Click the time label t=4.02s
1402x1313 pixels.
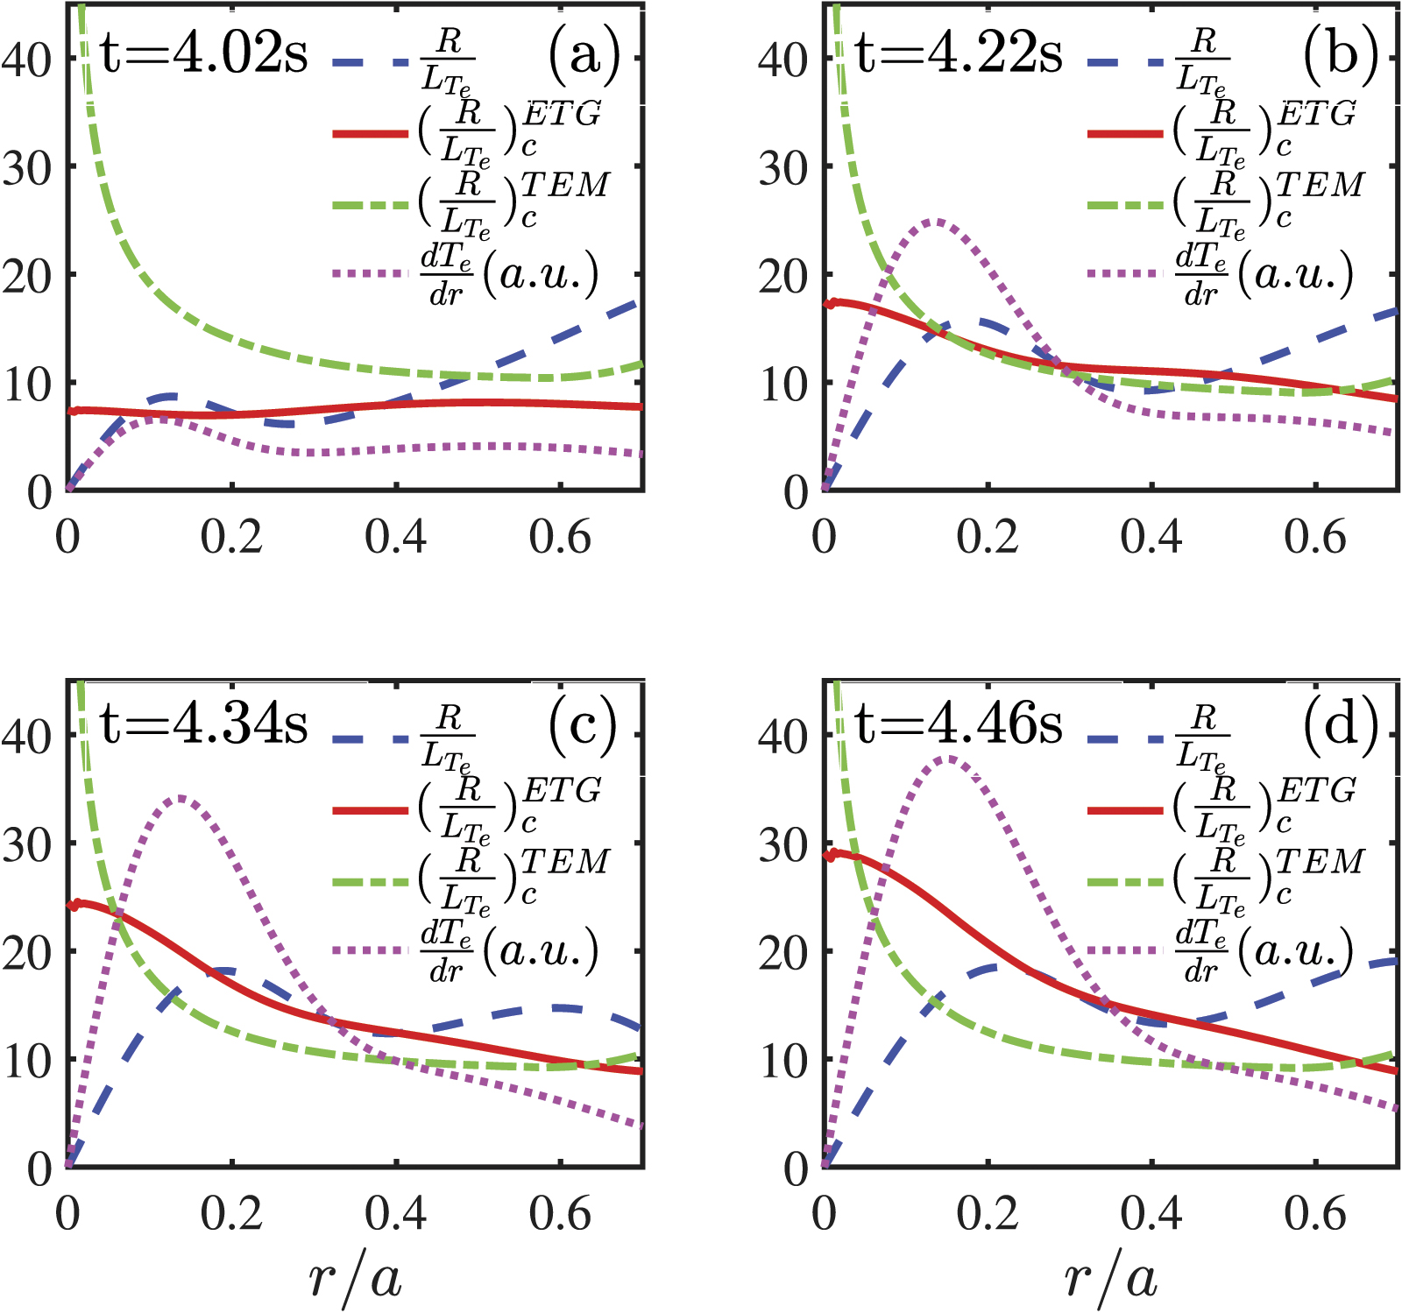[204, 54]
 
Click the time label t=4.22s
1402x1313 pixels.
[959, 54]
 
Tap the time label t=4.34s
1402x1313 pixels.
[204, 725]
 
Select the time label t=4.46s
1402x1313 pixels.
[959, 725]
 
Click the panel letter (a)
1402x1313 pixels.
[584, 54]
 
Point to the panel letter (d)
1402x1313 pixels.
[1341, 725]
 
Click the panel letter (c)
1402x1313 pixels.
[584, 725]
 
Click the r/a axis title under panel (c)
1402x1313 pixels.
[355, 1279]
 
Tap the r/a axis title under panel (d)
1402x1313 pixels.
[1110, 1279]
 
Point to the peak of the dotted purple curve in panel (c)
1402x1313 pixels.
[180, 798]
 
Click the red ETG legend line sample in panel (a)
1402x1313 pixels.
[371, 134]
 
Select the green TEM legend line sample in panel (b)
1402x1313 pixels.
[1125, 205]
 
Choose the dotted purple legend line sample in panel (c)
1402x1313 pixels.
[371, 951]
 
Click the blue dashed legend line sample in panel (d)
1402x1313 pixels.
[1125, 738]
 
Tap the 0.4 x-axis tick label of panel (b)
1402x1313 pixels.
[1151, 537]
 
